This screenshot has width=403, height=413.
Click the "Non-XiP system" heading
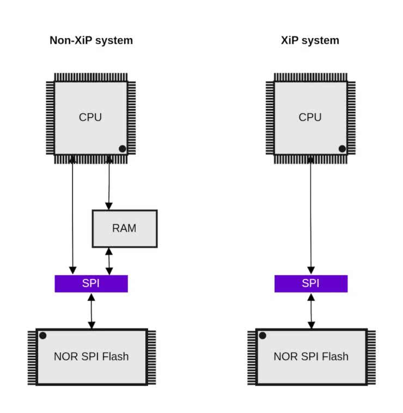point(91,40)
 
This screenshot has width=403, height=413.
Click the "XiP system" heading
point(310,40)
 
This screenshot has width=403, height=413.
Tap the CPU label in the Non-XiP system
point(90,117)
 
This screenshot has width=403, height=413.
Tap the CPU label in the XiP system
point(310,117)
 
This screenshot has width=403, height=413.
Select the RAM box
point(125,228)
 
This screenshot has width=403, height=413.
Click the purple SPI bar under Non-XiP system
point(91,283)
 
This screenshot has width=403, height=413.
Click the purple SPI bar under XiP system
point(310,283)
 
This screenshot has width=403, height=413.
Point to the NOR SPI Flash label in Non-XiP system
point(91,357)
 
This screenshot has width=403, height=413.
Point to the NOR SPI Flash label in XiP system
point(311,357)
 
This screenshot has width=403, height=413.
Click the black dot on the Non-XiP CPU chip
point(123,149)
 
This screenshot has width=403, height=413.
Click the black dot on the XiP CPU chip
point(342,149)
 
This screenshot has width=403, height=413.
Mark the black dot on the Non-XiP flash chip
point(42,336)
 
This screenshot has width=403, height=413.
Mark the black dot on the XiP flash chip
point(262,336)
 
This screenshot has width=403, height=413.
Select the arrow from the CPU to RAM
point(109,183)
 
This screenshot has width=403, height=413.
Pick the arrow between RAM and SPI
point(109,261)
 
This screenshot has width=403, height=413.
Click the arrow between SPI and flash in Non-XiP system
point(91,311)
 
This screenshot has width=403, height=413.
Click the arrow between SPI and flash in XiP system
point(312,311)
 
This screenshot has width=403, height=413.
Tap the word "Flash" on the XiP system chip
point(335,357)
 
